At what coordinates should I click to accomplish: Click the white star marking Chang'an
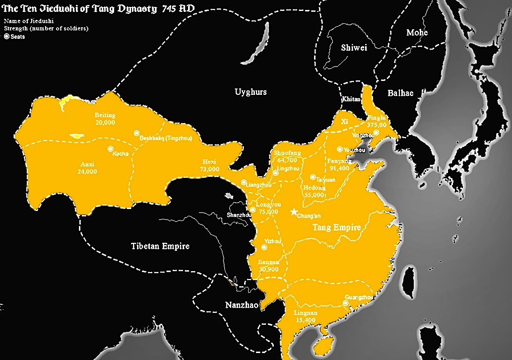(295, 212)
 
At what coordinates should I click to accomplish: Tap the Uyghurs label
(251, 92)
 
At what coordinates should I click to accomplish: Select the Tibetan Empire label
(160, 246)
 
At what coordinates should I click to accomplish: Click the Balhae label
(400, 93)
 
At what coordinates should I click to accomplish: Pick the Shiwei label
(353, 48)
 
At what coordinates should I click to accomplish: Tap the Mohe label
(417, 33)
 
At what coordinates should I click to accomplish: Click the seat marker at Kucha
(109, 149)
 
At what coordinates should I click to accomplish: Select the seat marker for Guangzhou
(345, 302)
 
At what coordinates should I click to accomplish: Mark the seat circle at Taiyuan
(313, 177)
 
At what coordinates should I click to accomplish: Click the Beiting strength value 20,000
(105, 122)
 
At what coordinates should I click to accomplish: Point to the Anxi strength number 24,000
(87, 171)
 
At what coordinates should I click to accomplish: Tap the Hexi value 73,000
(209, 169)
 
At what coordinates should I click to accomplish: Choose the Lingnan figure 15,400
(306, 321)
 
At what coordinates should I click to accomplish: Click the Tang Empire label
(336, 227)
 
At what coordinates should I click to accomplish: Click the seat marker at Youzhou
(340, 149)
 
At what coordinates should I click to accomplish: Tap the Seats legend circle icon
(6, 37)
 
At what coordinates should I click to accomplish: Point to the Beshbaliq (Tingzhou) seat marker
(136, 133)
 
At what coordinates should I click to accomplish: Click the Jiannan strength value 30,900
(268, 269)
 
